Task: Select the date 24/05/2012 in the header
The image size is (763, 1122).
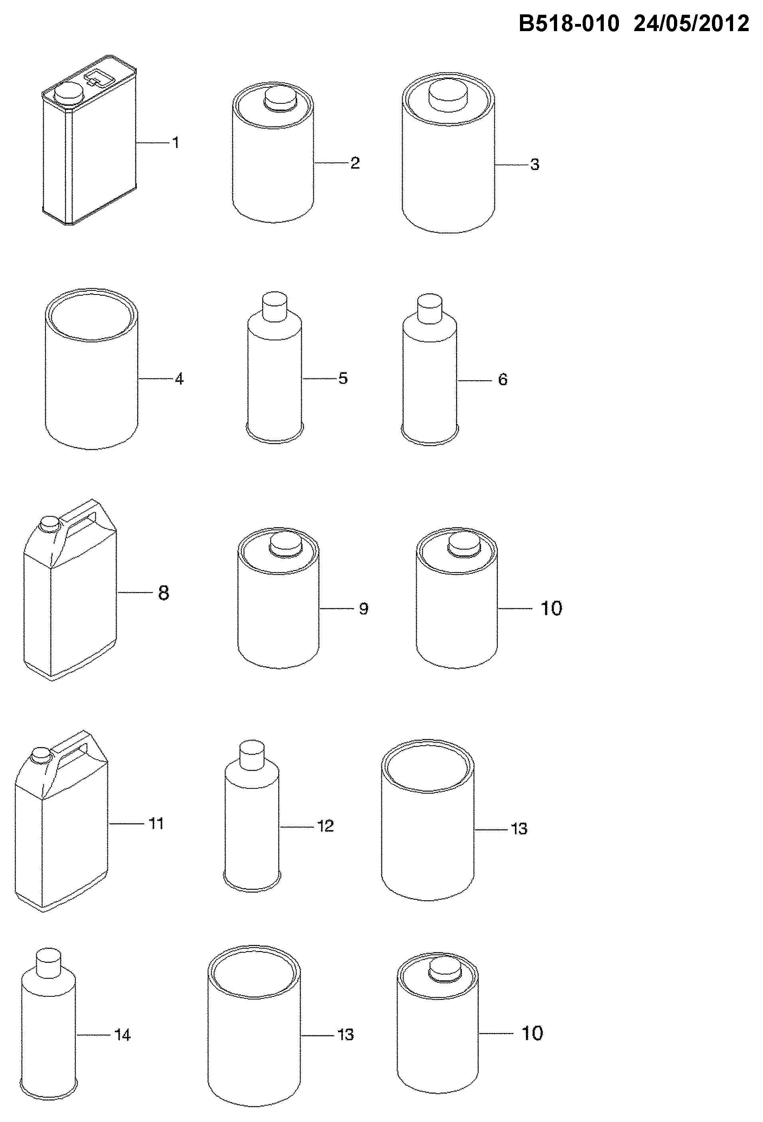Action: tap(692, 23)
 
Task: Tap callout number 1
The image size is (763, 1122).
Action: tap(176, 142)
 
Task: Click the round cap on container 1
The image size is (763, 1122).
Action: tap(67, 92)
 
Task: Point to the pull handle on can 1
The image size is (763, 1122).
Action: tap(99, 77)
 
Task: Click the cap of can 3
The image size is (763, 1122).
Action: tap(449, 94)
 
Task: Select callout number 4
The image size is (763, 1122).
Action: tap(179, 379)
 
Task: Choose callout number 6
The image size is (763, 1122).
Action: tap(503, 379)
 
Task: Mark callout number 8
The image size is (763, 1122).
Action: tap(164, 593)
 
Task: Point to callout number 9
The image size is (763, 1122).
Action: tap(364, 608)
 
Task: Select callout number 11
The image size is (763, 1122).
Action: tap(156, 824)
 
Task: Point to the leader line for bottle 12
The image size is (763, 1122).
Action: tap(297, 826)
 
